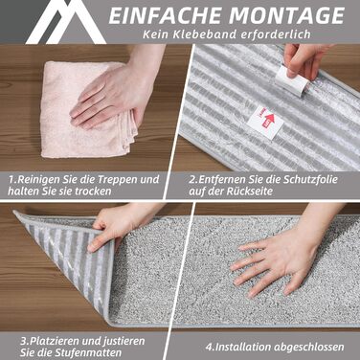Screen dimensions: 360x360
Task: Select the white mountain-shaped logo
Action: tap(65, 22)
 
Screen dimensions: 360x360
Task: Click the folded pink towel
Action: tap(86, 110)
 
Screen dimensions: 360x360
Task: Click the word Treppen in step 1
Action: tap(116, 179)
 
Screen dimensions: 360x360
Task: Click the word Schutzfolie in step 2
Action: tap(309, 179)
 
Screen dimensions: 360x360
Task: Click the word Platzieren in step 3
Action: tap(55, 341)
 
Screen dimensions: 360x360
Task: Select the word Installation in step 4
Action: tap(243, 347)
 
